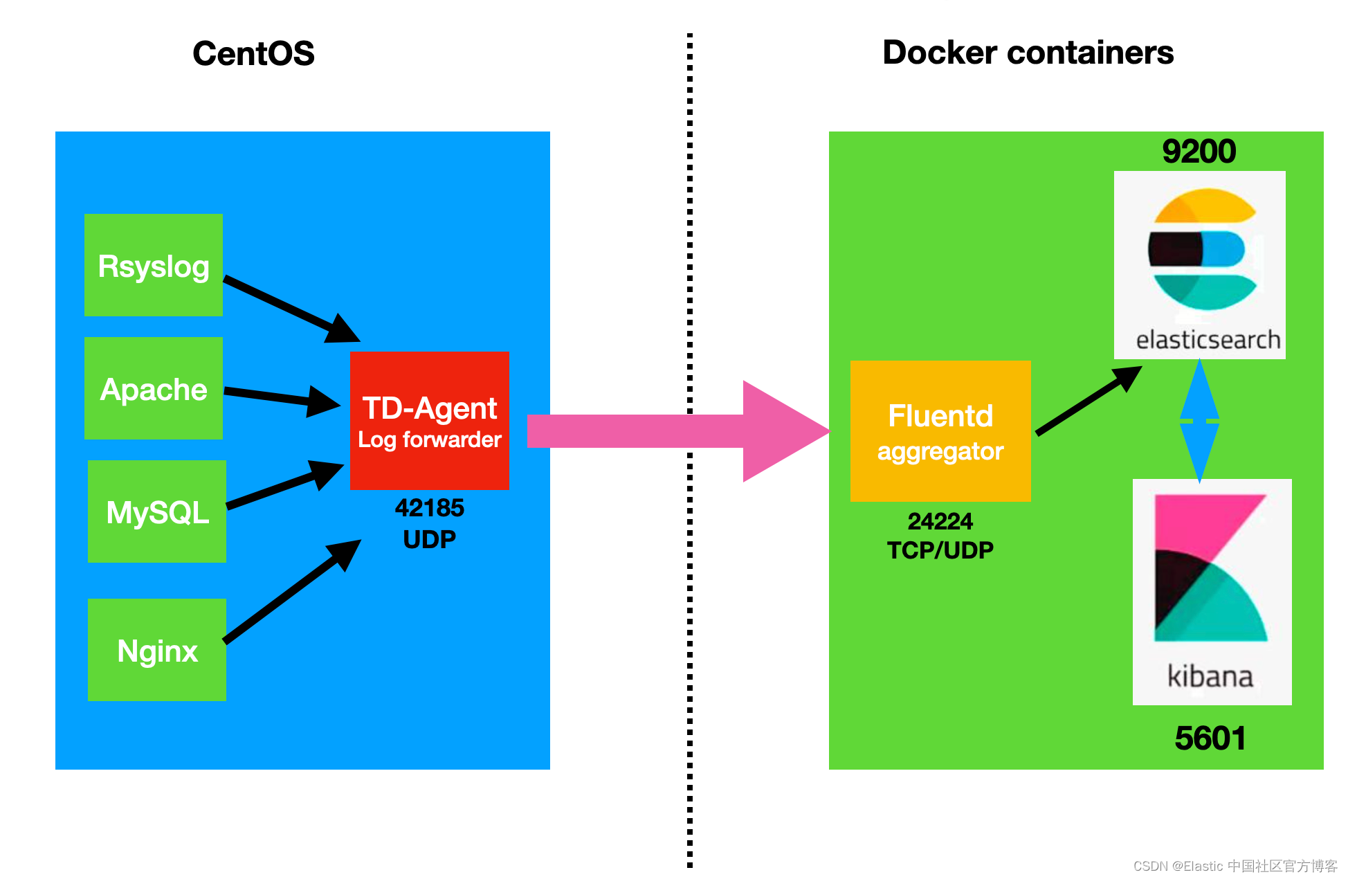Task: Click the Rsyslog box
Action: pos(153,265)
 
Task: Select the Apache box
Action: pos(153,388)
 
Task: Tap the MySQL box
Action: pos(157,511)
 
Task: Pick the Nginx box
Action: pos(157,650)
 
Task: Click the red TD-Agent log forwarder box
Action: pos(429,420)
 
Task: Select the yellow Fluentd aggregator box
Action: pos(940,431)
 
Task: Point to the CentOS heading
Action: pos(253,53)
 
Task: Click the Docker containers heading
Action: pos(1028,53)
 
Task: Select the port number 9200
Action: pos(1199,152)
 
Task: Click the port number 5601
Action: pos(1210,738)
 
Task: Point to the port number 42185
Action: pos(429,508)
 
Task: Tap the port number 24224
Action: pos(940,520)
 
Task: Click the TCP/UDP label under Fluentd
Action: pos(940,550)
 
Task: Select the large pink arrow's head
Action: pos(782,431)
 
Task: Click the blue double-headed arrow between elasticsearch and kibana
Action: pos(1199,420)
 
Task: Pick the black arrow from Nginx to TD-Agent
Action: pos(291,592)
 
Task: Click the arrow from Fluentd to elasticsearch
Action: pos(1086,401)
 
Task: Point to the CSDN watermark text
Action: pos(1235,866)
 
